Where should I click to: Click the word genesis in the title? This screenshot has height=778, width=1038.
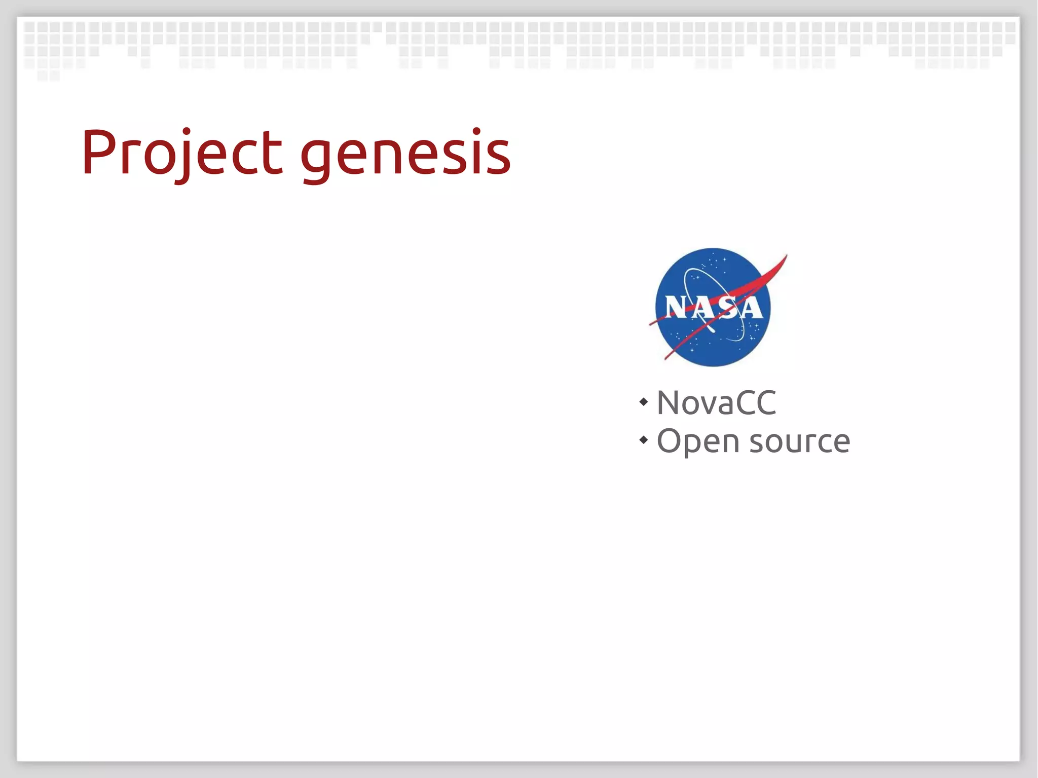(405, 155)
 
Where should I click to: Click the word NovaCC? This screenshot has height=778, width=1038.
(716, 403)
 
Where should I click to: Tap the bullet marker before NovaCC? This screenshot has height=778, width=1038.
(644, 402)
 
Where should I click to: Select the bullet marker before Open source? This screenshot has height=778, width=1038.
(644, 440)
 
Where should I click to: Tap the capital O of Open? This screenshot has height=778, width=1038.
(669, 440)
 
